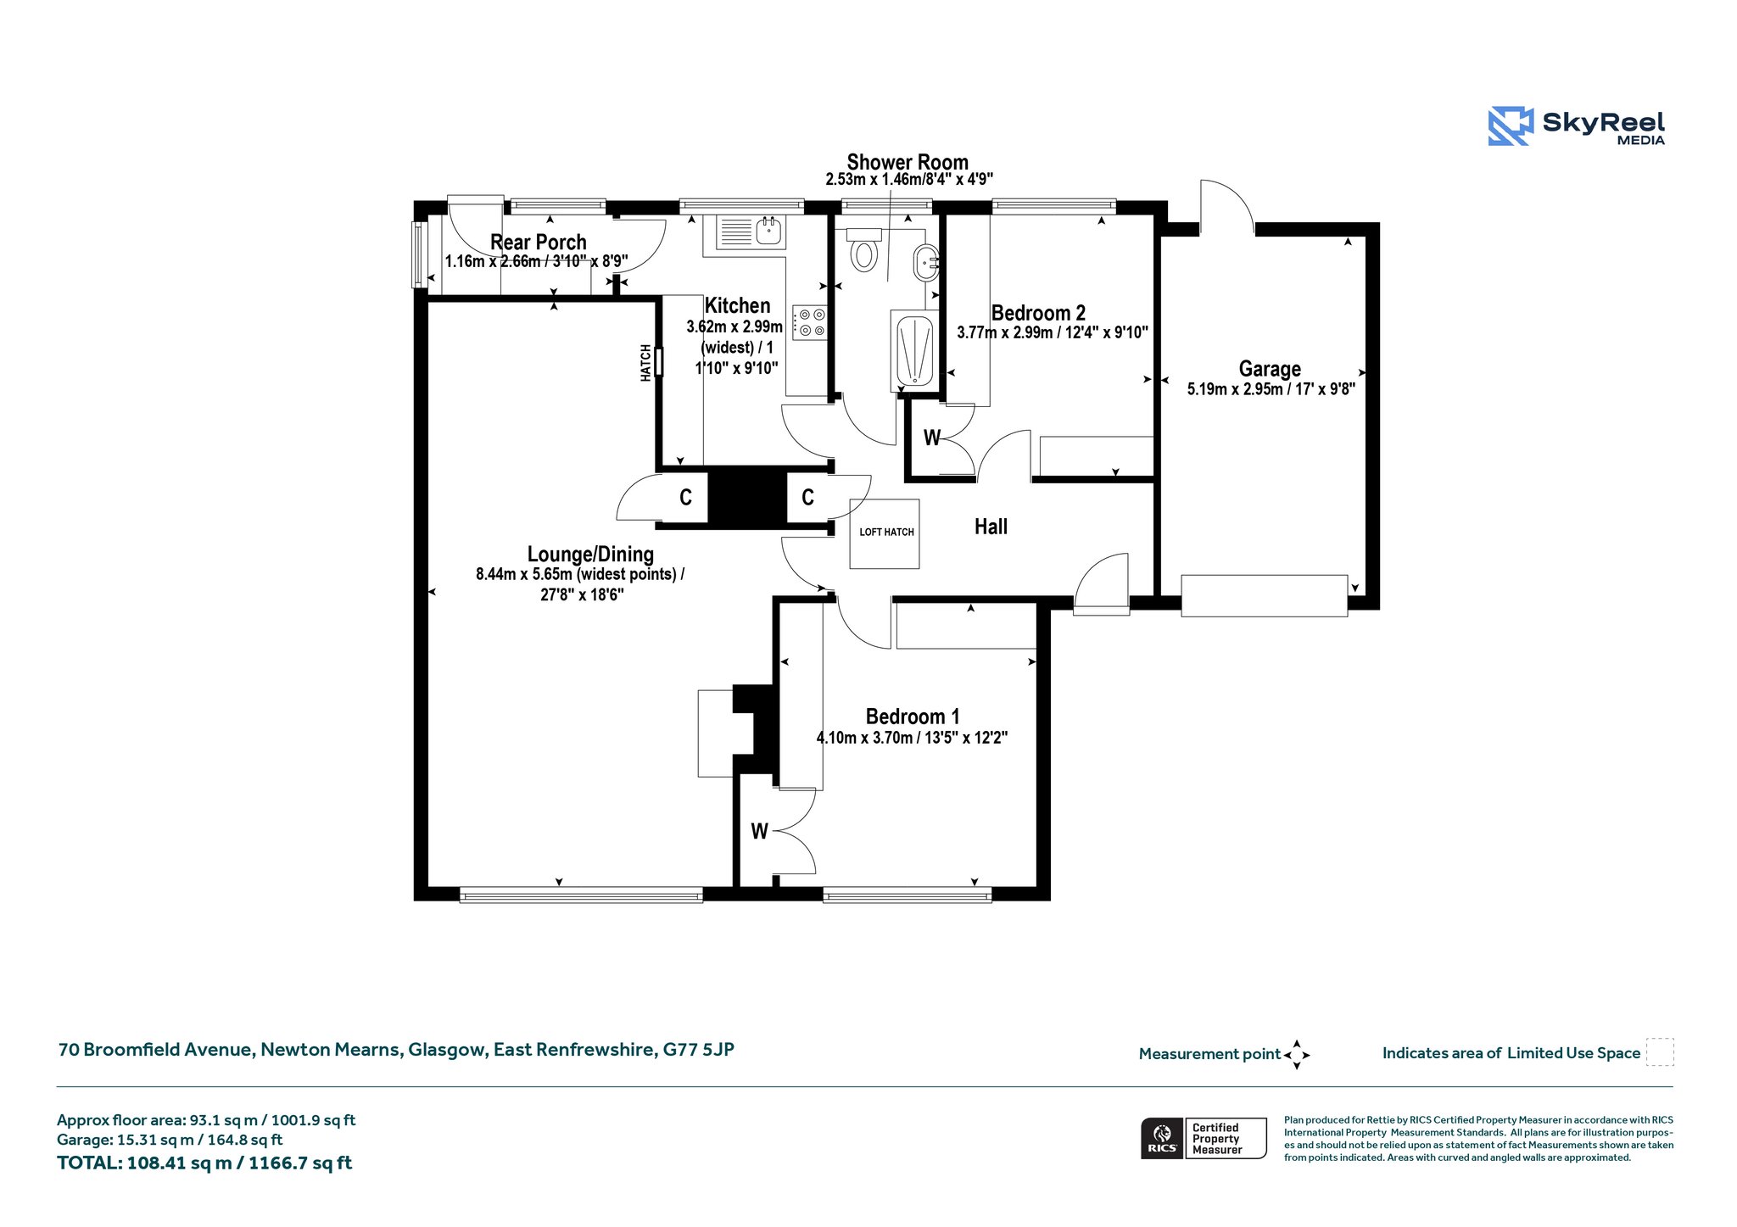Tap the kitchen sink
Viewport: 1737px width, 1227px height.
tap(751, 231)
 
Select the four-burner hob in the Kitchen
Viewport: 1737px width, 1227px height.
tap(809, 322)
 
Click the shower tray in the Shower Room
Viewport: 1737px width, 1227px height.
tap(914, 352)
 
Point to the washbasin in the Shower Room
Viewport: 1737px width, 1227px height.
tap(925, 263)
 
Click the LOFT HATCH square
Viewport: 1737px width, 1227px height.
tap(885, 533)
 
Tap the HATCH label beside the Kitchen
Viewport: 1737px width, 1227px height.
tap(646, 363)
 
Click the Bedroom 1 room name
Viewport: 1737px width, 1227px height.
tap(913, 717)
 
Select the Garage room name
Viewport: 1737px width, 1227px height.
tap(1270, 369)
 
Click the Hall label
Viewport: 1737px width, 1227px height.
tap(991, 527)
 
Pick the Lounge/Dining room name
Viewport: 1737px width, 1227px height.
tap(590, 555)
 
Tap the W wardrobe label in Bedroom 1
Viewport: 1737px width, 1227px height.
tap(759, 832)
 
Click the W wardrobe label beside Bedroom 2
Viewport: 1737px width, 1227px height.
tap(932, 438)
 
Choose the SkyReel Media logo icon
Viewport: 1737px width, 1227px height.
tap(1511, 126)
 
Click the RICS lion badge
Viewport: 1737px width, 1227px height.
tap(1162, 1138)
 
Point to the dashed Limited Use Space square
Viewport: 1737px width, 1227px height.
tap(1660, 1052)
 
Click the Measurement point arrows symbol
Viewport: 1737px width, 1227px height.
tap(1297, 1055)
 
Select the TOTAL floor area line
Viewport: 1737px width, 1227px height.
tap(204, 1163)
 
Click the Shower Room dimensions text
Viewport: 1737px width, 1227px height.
tap(909, 180)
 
